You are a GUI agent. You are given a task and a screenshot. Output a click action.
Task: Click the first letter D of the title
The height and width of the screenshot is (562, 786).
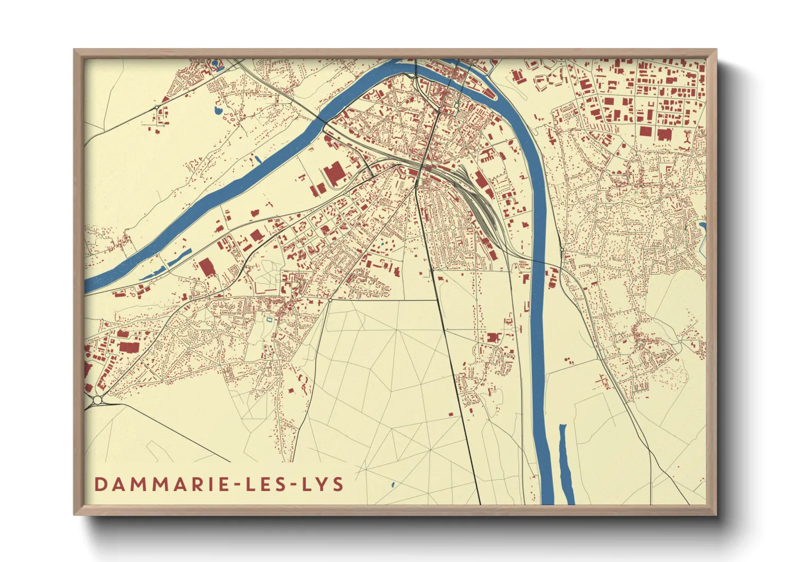point(100,484)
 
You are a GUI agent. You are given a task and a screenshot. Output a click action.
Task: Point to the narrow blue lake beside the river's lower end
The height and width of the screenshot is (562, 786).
point(566,462)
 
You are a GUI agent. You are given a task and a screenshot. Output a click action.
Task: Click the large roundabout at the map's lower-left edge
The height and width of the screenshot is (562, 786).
point(98,399)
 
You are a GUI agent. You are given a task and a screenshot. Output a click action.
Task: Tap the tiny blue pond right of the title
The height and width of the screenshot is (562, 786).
point(392,484)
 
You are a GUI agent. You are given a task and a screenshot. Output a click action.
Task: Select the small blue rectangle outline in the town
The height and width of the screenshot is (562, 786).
point(269,319)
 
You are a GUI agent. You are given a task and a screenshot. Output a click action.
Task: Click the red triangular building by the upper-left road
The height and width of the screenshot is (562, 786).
point(166,99)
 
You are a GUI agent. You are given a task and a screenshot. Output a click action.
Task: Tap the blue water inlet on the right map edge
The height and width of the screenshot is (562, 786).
point(702,231)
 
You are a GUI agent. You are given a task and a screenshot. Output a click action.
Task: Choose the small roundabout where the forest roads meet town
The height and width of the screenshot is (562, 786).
point(330,300)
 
